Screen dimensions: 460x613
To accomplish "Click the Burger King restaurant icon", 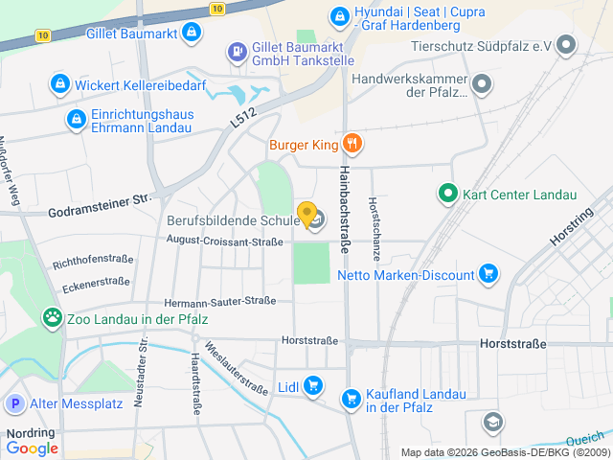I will (352, 145).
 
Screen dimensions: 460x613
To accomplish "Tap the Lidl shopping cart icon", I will (313, 387).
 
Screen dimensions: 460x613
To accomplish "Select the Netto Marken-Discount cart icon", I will (488, 275).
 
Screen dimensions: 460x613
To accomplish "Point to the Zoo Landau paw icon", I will (53, 317).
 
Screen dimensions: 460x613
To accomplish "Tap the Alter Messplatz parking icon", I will (15, 404).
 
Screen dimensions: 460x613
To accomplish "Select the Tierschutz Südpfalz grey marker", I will (567, 45).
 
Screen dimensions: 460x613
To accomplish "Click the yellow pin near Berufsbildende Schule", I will (306, 214).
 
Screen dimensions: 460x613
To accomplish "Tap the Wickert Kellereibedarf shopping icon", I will (61, 84).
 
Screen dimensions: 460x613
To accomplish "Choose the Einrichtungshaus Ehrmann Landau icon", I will (76, 119).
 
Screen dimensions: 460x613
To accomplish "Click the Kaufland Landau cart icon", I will (351, 396).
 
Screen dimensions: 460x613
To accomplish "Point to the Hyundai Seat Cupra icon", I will (339, 15).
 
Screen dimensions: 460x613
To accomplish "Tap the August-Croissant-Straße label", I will (224, 242).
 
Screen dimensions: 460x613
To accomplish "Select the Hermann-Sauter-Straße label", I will (219, 302).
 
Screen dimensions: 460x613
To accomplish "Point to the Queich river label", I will (584, 438).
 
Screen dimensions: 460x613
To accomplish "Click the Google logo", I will (32, 448).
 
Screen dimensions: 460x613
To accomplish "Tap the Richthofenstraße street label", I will (92, 261).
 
